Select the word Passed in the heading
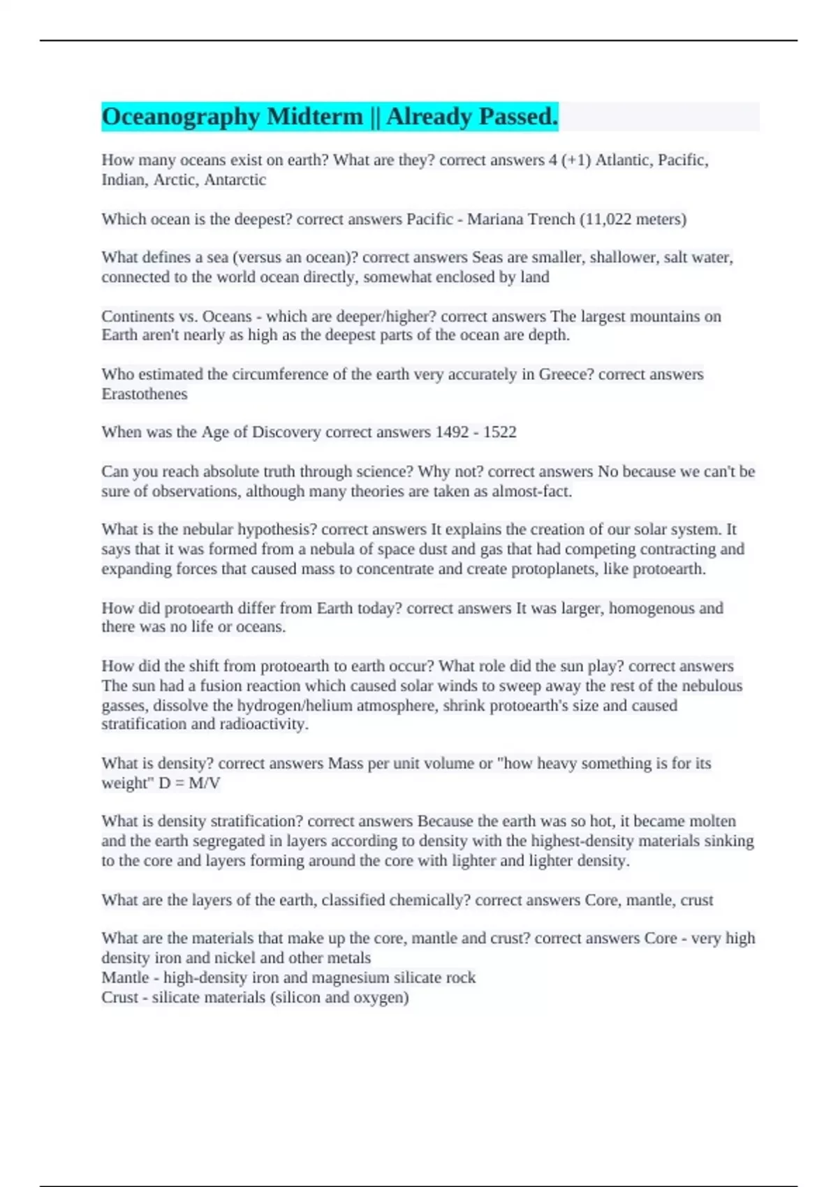(515, 117)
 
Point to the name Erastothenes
(145, 394)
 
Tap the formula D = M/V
(189, 783)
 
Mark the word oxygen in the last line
(381, 997)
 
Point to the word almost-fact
(532, 492)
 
